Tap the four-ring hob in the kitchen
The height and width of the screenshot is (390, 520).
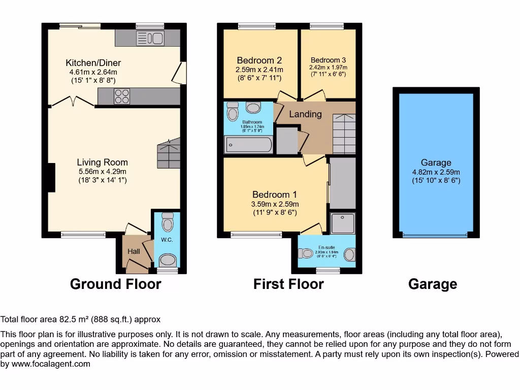click(121, 96)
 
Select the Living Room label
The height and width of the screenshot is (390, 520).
click(102, 162)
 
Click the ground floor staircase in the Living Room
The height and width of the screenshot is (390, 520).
click(169, 153)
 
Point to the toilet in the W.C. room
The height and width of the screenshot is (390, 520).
click(167, 222)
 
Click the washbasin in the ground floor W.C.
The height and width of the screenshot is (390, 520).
click(167, 261)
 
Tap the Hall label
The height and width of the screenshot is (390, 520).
click(134, 251)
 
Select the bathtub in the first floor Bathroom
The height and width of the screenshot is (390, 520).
click(248, 145)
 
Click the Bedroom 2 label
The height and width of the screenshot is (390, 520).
click(259, 60)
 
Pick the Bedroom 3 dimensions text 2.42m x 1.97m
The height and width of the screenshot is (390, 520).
click(328, 67)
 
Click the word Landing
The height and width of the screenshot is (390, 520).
click(305, 114)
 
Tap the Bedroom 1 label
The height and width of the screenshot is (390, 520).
click(275, 194)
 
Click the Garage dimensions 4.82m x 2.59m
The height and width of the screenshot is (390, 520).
click(436, 172)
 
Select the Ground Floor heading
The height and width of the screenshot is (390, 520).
click(115, 284)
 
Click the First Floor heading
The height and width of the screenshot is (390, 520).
click(288, 284)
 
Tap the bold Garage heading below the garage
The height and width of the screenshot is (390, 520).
click(432, 284)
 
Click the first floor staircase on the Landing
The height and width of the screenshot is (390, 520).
click(343, 134)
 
